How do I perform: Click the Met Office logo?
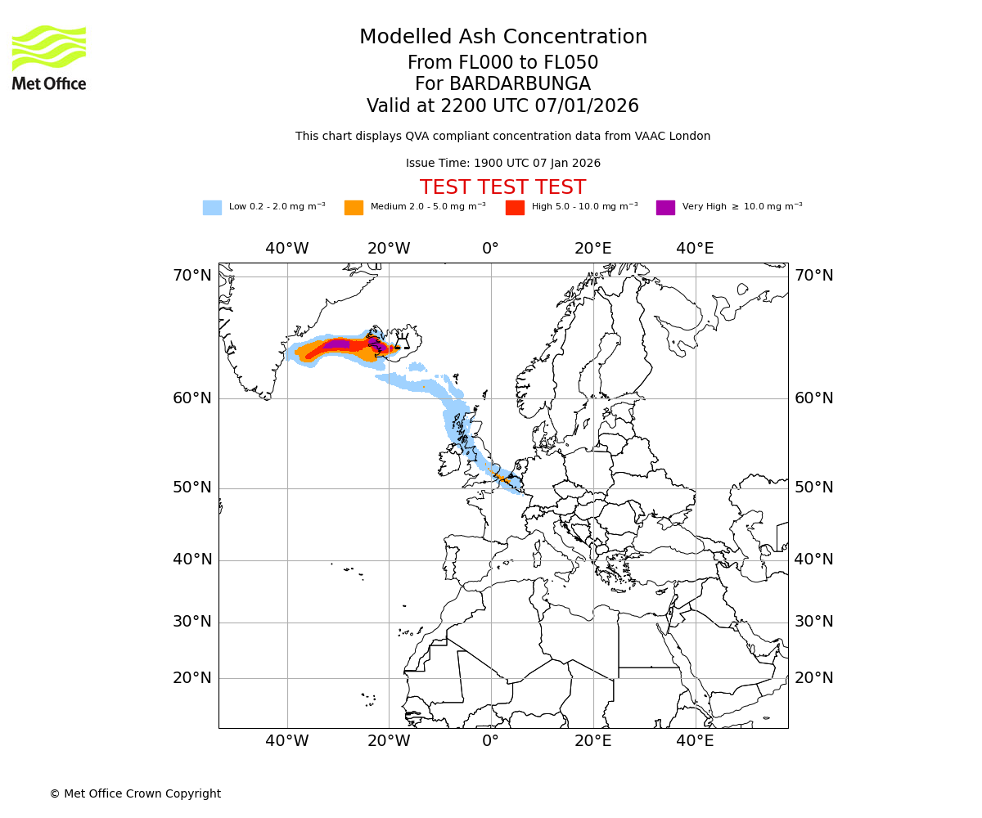click(x=49, y=57)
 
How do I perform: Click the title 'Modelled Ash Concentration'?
click(x=502, y=38)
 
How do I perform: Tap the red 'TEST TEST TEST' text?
click(x=502, y=188)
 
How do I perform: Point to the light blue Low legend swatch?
click(x=212, y=208)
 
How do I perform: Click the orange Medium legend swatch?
click(x=354, y=208)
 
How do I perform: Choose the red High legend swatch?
click(x=515, y=208)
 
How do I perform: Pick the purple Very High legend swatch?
click(x=665, y=208)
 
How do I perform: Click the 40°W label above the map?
click(x=287, y=249)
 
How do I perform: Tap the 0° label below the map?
click(x=490, y=741)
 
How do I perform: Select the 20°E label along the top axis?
click(x=592, y=249)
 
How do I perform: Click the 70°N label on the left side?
click(x=191, y=276)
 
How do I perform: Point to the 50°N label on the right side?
click(x=814, y=488)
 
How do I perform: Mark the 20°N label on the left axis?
click(x=191, y=678)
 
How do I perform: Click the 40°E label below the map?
click(x=695, y=741)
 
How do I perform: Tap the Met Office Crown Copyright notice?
click(x=135, y=793)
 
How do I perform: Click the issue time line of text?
click(x=502, y=164)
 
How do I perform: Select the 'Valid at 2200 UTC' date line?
click(x=502, y=106)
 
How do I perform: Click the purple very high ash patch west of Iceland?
click(x=337, y=344)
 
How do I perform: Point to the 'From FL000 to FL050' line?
click(x=502, y=63)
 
